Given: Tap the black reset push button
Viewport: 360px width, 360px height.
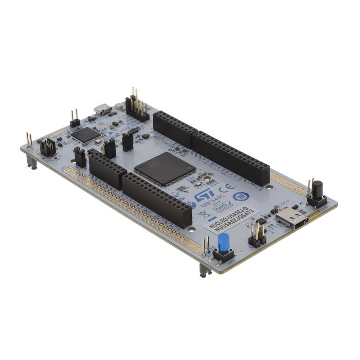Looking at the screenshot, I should pos(317,188).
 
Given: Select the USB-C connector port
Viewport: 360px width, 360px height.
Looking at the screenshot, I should pos(292,220).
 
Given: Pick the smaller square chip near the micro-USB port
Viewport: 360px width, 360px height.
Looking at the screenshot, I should pos(86,134).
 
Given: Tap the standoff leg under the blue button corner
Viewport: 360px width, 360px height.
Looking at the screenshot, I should pos(204,271).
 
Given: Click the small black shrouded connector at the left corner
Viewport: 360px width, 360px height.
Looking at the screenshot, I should pos(47,148).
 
